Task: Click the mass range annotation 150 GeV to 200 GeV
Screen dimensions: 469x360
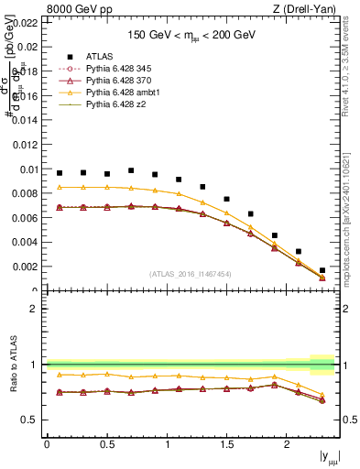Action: click(191, 35)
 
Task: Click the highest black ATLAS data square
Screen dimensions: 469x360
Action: click(131, 170)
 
